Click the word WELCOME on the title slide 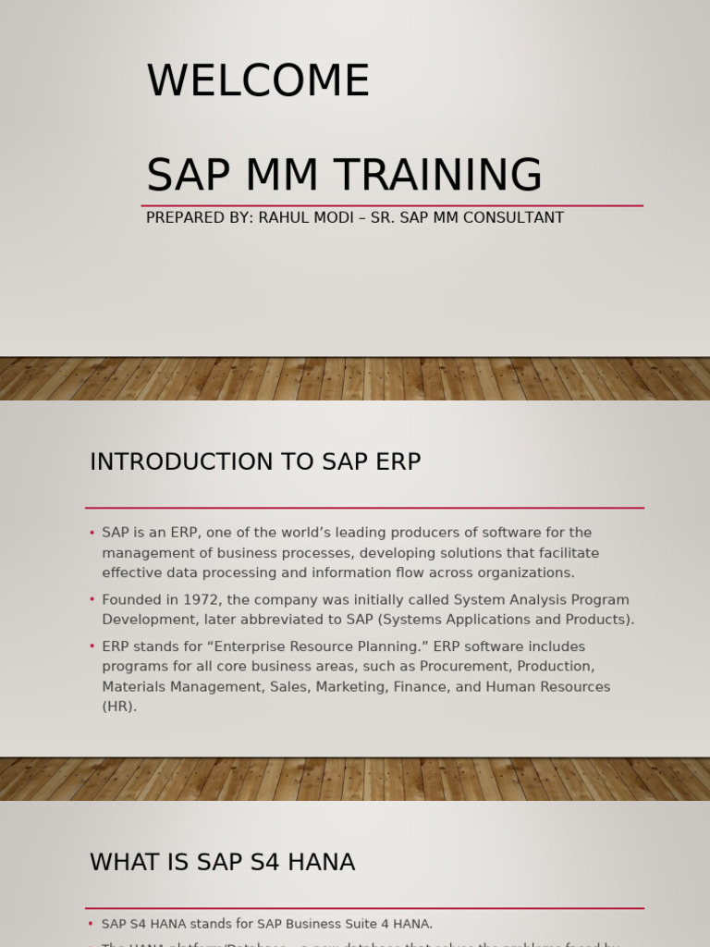tap(258, 81)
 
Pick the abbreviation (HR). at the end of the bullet tap(119, 707)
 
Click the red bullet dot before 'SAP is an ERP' tap(92, 533)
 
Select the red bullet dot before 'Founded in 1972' tap(92, 600)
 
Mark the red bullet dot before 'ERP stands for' tap(92, 646)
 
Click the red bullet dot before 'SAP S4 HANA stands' tap(91, 924)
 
